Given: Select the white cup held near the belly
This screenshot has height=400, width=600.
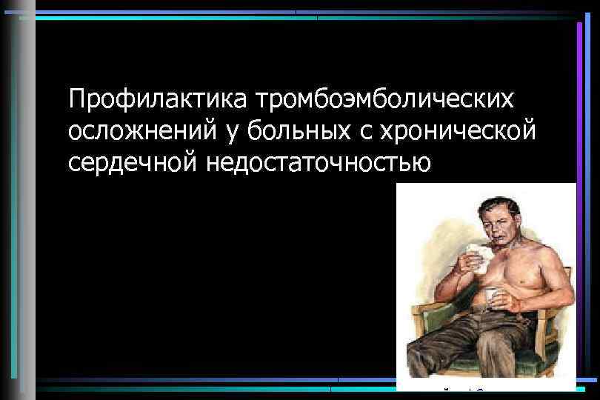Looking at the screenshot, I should [492, 300].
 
